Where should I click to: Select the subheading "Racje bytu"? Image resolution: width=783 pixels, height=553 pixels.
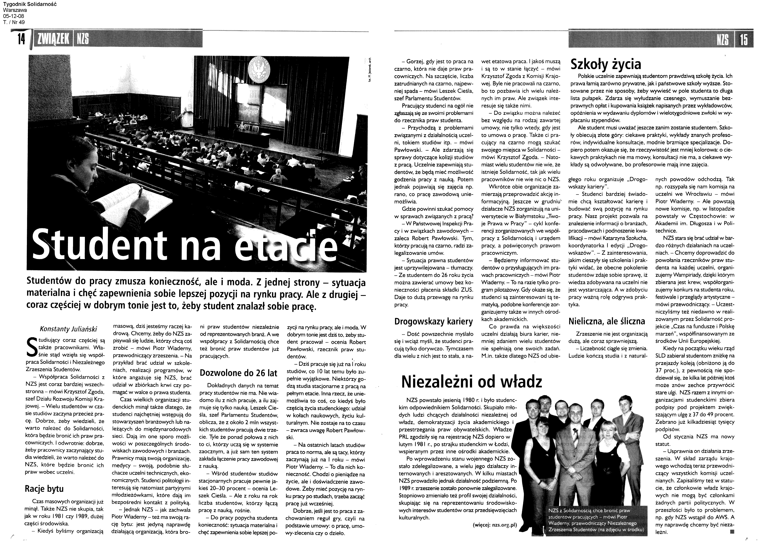(x=44, y=489)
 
